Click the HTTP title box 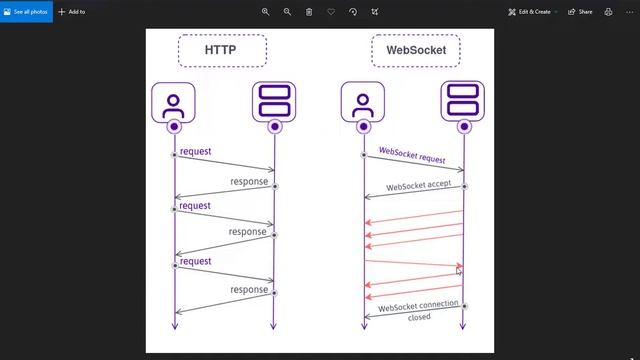click(222, 50)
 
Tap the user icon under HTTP click(174, 102)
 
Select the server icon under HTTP click(274, 102)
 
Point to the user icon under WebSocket click(362, 102)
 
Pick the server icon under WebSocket click(462, 102)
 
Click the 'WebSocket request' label click(412, 156)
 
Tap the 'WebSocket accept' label click(418, 186)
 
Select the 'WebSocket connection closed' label click(418, 310)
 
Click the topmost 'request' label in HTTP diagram click(195, 151)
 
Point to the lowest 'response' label click(249, 290)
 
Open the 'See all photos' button click(25, 12)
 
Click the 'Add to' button click(72, 12)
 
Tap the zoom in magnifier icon click(266, 12)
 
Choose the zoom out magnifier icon click(287, 12)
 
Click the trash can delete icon click(309, 12)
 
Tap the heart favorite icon click(331, 12)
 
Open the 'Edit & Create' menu click(530, 12)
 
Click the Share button click(580, 12)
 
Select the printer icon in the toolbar click(608, 12)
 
